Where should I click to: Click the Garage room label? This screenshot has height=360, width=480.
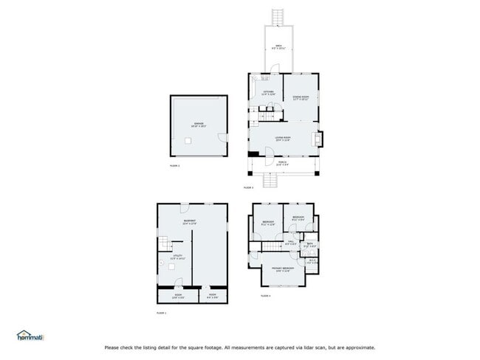click(x=199, y=125)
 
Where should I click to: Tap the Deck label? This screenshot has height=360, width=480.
click(x=278, y=46)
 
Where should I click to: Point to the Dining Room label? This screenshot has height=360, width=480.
click(x=301, y=97)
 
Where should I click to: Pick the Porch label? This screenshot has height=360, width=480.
click(x=282, y=164)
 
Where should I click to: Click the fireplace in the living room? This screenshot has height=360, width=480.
click(x=318, y=139)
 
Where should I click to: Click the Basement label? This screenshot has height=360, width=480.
click(x=189, y=223)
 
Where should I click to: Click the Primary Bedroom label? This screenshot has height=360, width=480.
click(x=283, y=269)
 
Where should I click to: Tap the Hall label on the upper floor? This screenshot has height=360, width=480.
click(x=291, y=243)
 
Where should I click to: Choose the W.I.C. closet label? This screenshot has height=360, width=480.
click(x=312, y=260)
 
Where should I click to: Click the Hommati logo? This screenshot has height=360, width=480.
click(x=30, y=336)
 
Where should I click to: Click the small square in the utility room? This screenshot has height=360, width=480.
click(x=171, y=269)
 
